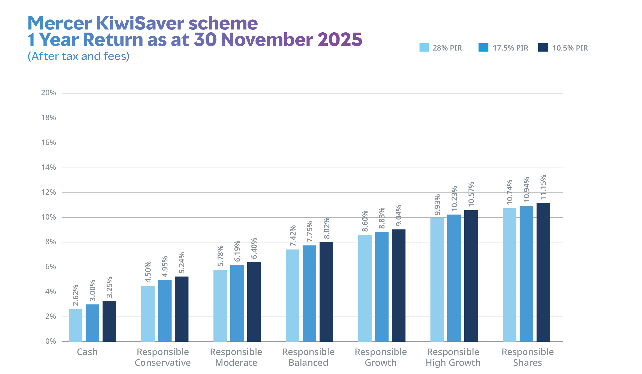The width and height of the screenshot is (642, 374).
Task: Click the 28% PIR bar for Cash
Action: pyautogui.click(x=75, y=325)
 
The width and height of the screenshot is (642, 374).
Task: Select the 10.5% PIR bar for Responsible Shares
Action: pyautogui.click(x=543, y=272)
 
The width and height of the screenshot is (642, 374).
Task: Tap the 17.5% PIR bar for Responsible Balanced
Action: pyautogui.click(x=309, y=293)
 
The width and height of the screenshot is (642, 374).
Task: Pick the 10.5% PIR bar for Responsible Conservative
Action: pyautogui.click(x=182, y=309)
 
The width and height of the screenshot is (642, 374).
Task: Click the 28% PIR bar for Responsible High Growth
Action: pyautogui.click(x=437, y=280)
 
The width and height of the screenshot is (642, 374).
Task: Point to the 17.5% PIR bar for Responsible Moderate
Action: pyautogui.click(x=237, y=303)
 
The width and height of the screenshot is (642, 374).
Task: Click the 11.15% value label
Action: pyautogui.click(x=543, y=188)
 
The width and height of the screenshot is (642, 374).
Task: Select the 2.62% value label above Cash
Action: pyautogui.click(x=75, y=295)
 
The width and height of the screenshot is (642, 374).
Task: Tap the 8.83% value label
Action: pyautogui.click(x=382, y=218)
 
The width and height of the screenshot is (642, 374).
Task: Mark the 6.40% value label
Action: pyautogui.click(x=254, y=248)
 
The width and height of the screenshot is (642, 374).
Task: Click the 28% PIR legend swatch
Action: pyautogui.click(x=424, y=47)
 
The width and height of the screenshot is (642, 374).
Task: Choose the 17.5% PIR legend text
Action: pyautogui.click(x=510, y=48)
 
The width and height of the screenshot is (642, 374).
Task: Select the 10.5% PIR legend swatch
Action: pyautogui.click(x=543, y=47)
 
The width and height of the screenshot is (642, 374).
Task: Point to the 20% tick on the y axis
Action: pyautogui.click(x=49, y=93)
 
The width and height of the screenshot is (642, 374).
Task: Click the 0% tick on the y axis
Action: pyautogui.click(x=51, y=341)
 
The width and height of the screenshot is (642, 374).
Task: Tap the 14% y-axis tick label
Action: pyautogui.click(x=49, y=168)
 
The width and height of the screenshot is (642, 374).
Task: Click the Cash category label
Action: pyautogui.click(x=87, y=352)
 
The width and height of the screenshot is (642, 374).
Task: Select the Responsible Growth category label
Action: pyautogui.click(x=381, y=357)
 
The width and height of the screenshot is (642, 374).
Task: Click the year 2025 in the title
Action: pyautogui.click(x=339, y=40)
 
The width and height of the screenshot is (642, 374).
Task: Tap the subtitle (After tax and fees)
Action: pyautogui.click(x=79, y=56)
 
